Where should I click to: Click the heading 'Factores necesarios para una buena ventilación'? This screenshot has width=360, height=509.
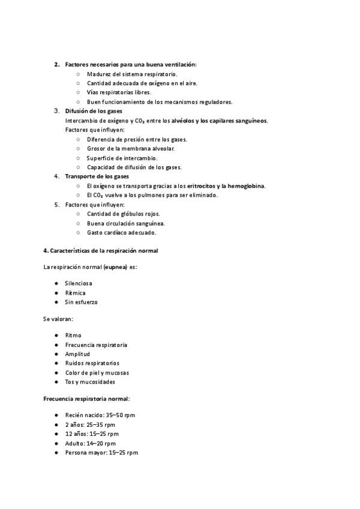click(x=130, y=64)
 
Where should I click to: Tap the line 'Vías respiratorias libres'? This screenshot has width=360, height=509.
click(x=119, y=92)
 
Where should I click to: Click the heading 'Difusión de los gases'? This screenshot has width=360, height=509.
click(x=94, y=111)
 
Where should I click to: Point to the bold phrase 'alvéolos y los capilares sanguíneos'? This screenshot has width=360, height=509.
click(x=220, y=120)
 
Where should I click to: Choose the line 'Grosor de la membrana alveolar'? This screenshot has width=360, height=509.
click(x=131, y=148)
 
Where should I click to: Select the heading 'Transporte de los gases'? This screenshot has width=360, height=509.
click(x=97, y=176)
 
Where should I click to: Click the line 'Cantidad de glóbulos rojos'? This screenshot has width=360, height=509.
click(x=124, y=214)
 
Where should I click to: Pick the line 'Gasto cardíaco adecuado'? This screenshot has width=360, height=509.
click(x=122, y=232)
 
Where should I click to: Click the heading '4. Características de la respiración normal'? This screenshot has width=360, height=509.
click(x=101, y=251)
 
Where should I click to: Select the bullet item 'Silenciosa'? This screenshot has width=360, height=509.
click(x=79, y=283)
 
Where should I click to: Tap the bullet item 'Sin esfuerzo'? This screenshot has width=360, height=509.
click(x=81, y=302)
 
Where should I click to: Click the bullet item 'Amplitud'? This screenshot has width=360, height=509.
click(x=77, y=354)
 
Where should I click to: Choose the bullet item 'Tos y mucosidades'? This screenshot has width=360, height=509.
click(x=90, y=382)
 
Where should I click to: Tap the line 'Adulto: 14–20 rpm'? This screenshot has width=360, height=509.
click(x=90, y=443)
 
